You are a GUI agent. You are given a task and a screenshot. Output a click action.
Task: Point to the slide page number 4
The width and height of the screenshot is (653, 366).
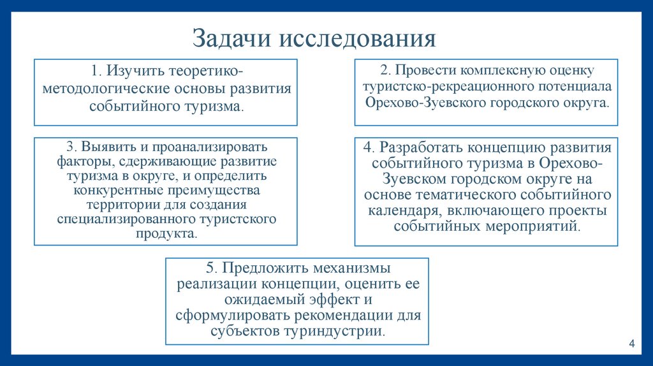pyautogui.click(x=631, y=344)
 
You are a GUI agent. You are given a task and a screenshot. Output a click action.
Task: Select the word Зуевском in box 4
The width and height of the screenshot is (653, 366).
pyautogui.click(x=412, y=179)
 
